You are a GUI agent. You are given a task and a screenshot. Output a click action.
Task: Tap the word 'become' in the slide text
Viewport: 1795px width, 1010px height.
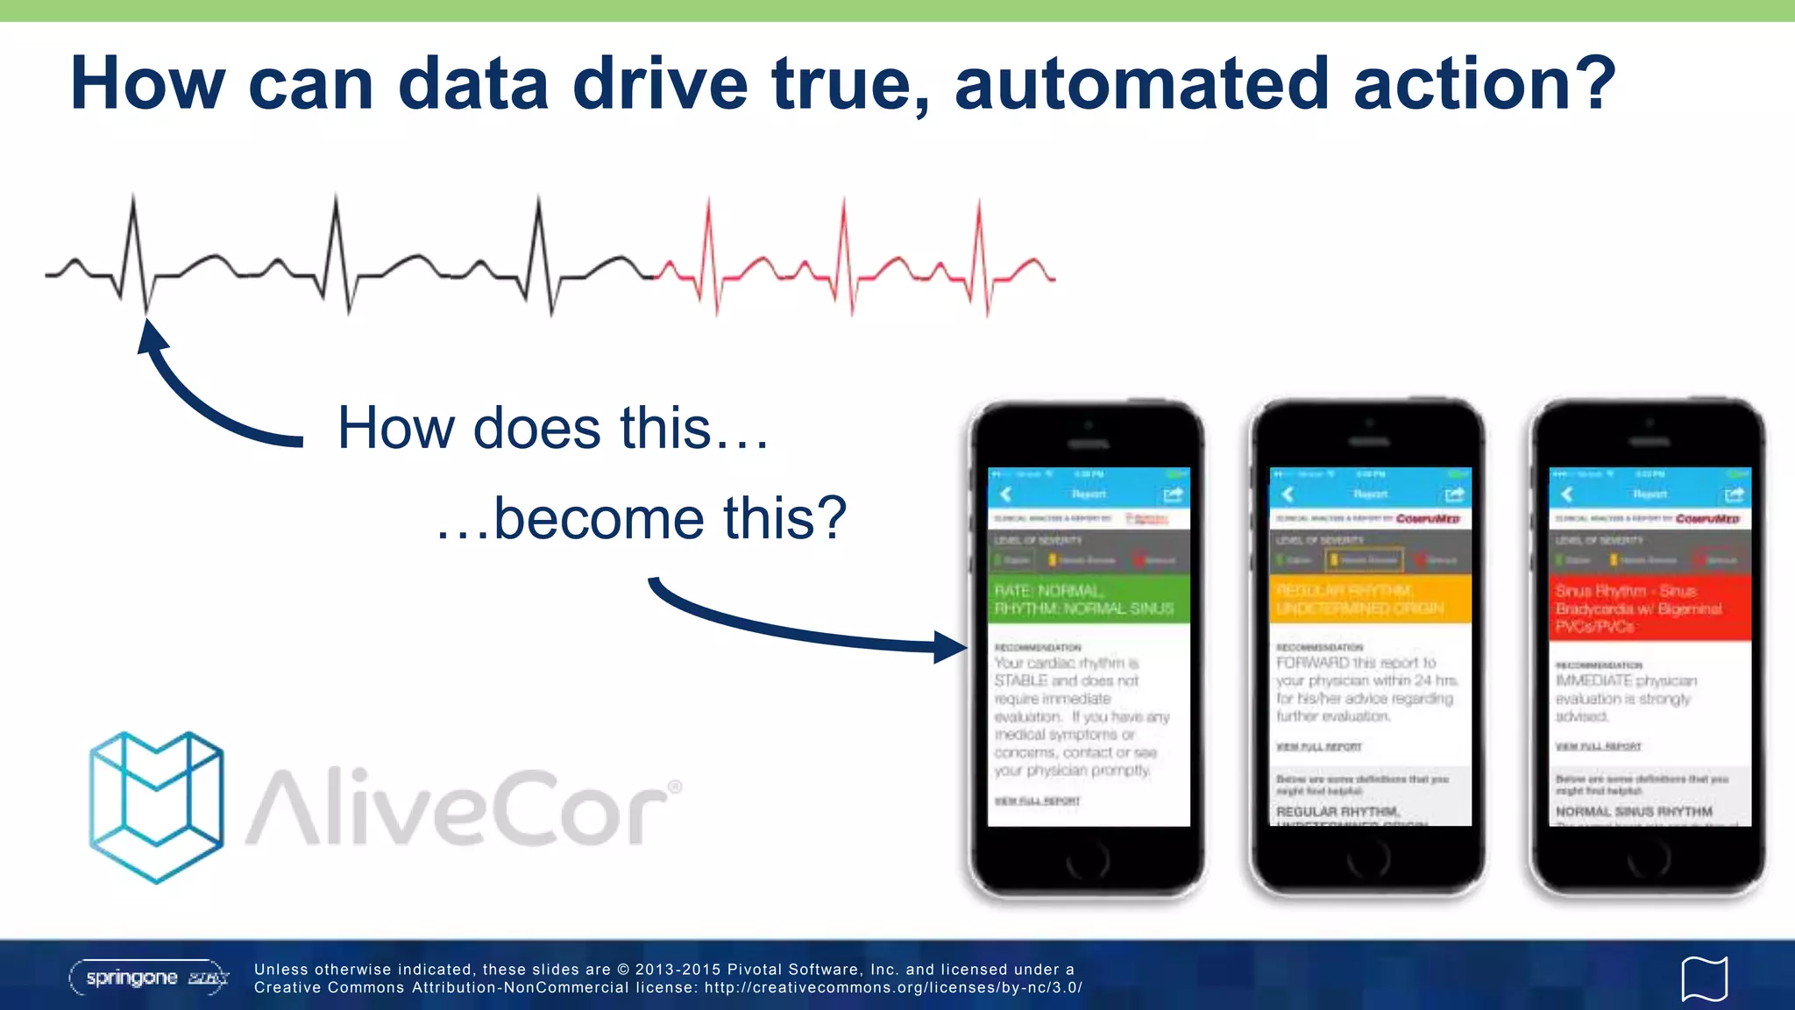tap(599, 518)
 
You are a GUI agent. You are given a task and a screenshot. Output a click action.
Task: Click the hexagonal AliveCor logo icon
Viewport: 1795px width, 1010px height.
tap(156, 807)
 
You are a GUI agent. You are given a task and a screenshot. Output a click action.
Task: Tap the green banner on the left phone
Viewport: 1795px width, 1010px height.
tap(1089, 600)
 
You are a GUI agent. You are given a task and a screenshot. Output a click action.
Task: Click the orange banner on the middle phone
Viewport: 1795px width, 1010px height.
tap(1370, 600)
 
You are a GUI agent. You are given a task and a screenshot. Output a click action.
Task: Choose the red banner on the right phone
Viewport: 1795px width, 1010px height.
tap(1650, 608)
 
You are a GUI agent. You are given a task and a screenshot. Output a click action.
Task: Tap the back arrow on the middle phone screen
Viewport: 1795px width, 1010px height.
tap(1288, 494)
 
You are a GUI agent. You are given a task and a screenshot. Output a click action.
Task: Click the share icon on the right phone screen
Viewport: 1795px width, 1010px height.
tap(1734, 494)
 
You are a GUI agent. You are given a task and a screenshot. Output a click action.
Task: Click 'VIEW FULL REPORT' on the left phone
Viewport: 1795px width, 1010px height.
tap(1037, 801)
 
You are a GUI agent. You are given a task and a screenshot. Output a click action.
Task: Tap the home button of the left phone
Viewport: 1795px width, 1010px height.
tap(1088, 863)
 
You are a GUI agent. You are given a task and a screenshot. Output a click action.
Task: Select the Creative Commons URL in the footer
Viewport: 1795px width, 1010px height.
tap(893, 988)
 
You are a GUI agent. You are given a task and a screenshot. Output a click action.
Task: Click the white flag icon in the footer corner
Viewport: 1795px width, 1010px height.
tap(1704, 978)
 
